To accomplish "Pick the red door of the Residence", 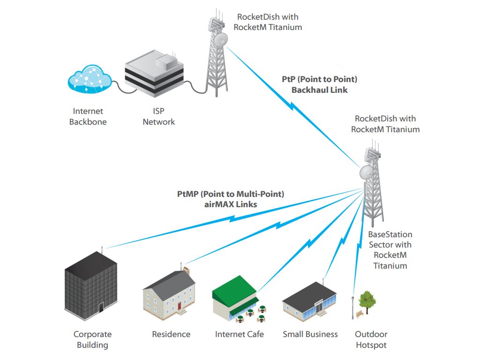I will click(x=179, y=307).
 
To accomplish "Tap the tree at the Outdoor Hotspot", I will click(x=367, y=300).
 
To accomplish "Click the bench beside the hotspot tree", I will click(x=359, y=314).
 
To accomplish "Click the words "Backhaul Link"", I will click(x=320, y=90).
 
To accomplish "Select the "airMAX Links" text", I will click(x=231, y=204).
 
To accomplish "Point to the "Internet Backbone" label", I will click(x=88, y=117).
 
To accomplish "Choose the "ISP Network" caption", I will click(x=159, y=117).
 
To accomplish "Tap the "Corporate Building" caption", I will click(x=93, y=340).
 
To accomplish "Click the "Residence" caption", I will click(x=171, y=334).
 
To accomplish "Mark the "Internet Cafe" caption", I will click(x=239, y=334).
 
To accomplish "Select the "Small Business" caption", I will click(x=310, y=334).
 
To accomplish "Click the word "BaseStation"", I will click(x=390, y=234).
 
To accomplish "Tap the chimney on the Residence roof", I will click(x=186, y=270).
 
